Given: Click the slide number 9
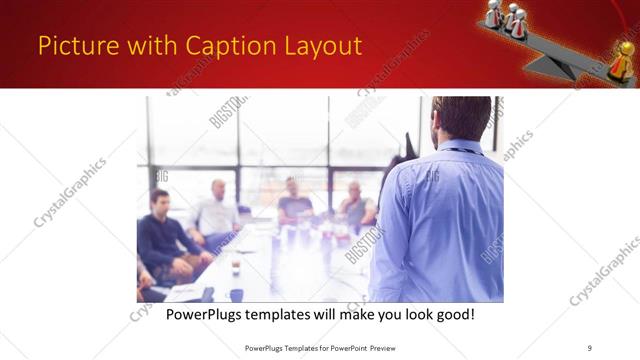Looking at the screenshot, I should [x=589, y=347].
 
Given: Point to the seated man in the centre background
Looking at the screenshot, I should [x=294, y=200].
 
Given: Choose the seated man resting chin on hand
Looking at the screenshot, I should [x=355, y=205].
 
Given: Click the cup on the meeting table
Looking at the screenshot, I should [x=235, y=267].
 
